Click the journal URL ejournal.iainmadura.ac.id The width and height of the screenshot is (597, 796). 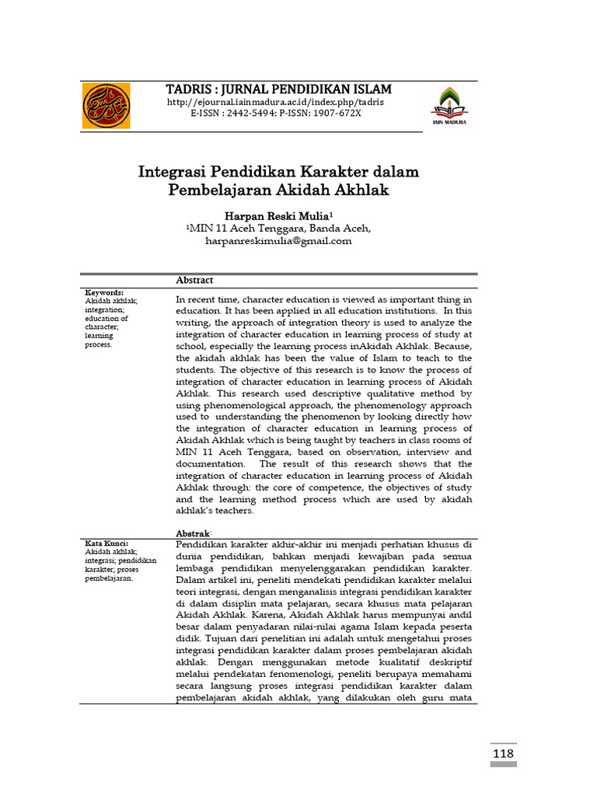coord(276,102)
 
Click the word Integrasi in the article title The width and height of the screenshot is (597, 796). coord(171,170)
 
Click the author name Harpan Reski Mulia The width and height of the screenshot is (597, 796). coord(267,215)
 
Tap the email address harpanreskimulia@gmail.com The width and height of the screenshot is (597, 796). coord(278,241)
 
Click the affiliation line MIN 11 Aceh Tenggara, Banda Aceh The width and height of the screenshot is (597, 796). coord(280,229)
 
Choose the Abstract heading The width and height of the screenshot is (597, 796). coord(194,280)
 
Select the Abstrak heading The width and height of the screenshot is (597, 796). coord(192,534)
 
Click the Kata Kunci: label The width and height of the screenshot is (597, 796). coord(106,543)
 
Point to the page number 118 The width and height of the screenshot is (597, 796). coord(503,753)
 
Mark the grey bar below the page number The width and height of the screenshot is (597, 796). coord(503,765)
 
